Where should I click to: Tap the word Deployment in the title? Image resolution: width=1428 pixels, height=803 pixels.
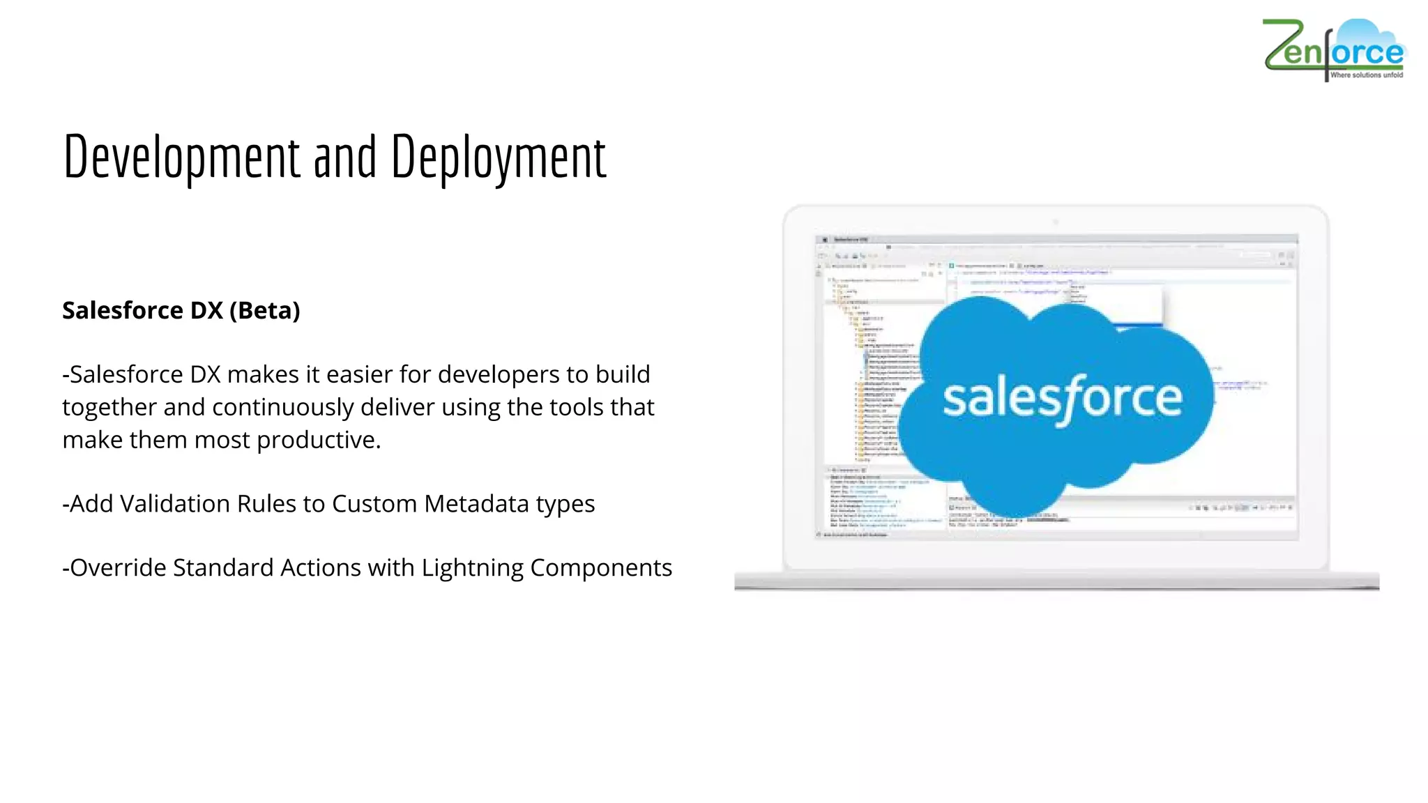tap(499, 158)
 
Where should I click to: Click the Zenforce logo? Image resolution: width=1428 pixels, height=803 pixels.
tap(1333, 49)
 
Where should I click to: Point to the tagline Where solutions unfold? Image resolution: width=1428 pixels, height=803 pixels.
tap(1366, 75)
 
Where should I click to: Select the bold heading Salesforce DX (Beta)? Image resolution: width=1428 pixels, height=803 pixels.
tap(181, 310)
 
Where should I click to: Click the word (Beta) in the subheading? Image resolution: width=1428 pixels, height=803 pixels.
tap(265, 310)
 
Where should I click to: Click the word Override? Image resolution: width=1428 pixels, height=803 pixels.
tap(118, 568)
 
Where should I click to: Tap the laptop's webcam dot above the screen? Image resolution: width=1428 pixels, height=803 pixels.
tap(1056, 222)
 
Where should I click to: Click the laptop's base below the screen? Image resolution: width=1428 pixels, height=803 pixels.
tap(1056, 580)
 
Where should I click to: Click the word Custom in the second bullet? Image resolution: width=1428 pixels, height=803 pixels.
tap(374, 504)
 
